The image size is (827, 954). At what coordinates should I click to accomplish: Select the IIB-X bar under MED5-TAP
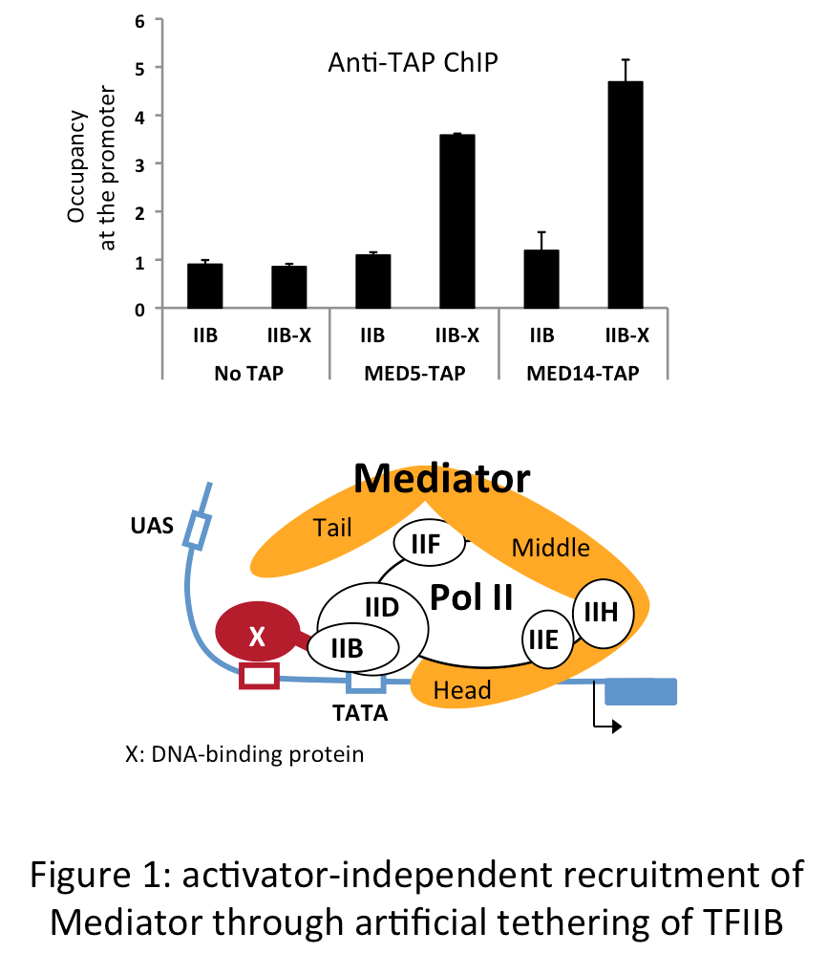click(456, 222)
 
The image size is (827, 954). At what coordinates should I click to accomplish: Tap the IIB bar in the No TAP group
click(204, 286)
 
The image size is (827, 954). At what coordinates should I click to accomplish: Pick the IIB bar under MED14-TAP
click(542, 279)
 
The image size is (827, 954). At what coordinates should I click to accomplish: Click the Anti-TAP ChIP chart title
click(413, 65)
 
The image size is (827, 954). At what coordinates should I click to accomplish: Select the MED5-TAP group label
click(413, 372)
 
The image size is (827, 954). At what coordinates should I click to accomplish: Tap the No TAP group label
click(245, 372)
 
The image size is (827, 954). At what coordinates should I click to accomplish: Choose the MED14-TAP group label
click(583, 372)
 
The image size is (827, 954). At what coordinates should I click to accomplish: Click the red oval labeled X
click(256, 637)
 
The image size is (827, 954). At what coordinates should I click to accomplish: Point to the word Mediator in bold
click(441, 478)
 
